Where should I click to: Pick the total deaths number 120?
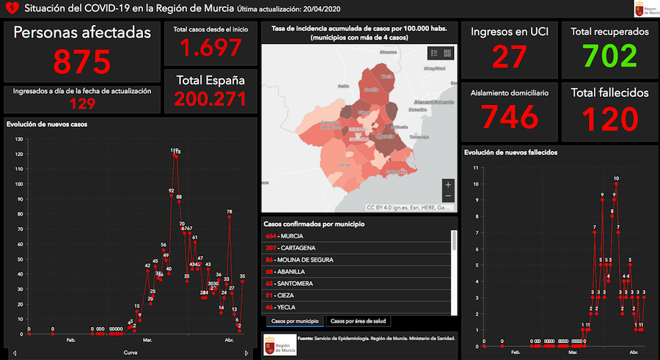pyautogui.click(x=610, y=117)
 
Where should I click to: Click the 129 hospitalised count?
pyautogui.click(x=82, y=104)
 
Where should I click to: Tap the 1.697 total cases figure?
pyautogui.click(x=210, y=48)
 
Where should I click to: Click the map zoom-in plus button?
pyautogui.click(x=447, y=185)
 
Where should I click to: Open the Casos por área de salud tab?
pyautogui.click(x=359, y=321)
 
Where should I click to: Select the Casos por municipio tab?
pyautogui.click(x=295, y=321)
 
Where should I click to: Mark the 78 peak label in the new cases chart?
pyautogui.click(x=230, y=212)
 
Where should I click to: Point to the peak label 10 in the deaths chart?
pyautogui.click(x=616, y=178)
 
